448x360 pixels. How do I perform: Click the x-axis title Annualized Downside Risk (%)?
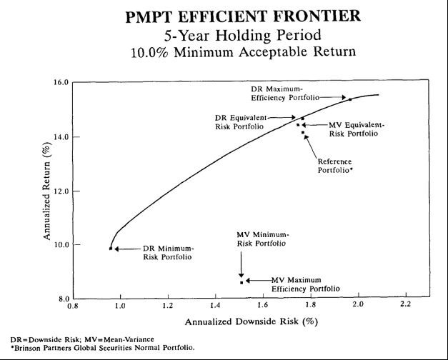coord(250,322)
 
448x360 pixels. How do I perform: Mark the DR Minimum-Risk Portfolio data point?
coord(111,249)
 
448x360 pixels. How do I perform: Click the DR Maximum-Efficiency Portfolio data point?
coord(350,99)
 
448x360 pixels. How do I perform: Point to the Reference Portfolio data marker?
coord(303,132)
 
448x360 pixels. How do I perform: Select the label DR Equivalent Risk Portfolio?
coord(239,121)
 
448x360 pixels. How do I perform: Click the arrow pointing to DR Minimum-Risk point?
coord(121,249)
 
